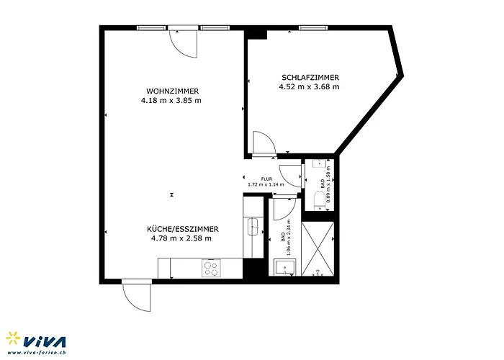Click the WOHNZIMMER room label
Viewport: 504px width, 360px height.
173,91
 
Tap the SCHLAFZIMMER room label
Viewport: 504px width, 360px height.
310,78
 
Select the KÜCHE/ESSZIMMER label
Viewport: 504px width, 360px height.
183,229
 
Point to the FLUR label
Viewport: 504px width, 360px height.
266,179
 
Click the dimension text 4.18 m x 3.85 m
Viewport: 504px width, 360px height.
171,101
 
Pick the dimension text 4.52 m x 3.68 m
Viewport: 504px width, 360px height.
309,87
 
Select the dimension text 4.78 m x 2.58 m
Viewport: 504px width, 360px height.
181,238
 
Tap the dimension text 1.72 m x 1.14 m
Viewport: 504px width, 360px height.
266,184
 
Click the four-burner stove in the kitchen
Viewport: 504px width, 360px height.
211,268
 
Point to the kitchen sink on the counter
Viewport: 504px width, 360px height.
253,227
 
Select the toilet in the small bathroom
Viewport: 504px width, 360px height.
320,200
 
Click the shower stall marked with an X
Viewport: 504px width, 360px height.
318,249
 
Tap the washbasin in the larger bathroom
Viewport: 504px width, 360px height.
284,267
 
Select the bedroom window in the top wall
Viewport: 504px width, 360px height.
313,28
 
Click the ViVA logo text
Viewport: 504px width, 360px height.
45,342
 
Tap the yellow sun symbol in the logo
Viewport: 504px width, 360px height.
13,338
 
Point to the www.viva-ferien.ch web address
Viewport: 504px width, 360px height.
36,352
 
